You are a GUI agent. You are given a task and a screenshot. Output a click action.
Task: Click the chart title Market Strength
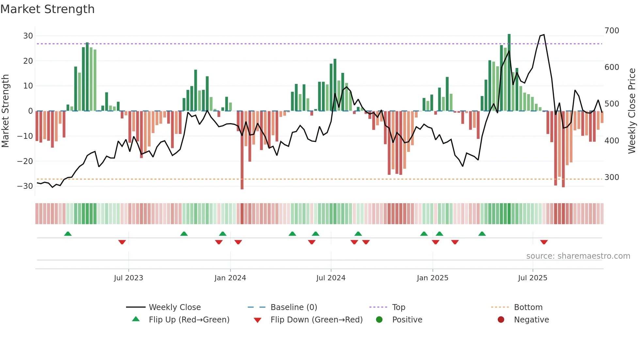[x=47, y=9]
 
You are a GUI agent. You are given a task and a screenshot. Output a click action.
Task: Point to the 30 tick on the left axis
[x=28, y=36]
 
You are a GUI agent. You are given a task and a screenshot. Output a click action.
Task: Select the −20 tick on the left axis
[x=25, y=161]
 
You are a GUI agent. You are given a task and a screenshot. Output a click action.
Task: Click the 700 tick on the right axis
[x=612, y=31]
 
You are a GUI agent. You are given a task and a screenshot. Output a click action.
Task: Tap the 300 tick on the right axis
[x=612, y=177]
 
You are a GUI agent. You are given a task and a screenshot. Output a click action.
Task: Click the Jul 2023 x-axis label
[x=128, y=278]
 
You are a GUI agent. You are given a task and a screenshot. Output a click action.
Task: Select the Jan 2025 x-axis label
[x=432, y=278]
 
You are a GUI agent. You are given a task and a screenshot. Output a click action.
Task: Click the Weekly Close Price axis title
[x=632, y=111]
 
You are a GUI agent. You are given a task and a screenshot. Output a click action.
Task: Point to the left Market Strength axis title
[x=6, y=111]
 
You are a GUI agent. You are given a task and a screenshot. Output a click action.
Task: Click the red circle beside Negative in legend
[x=501, y=320]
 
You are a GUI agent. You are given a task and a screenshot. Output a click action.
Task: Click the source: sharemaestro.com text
[x=578, y=256]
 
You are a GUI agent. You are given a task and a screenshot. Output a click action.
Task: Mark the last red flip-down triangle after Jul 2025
[x=544, y=242]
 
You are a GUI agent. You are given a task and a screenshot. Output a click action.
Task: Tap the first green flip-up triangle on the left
[x=68, y=234]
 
